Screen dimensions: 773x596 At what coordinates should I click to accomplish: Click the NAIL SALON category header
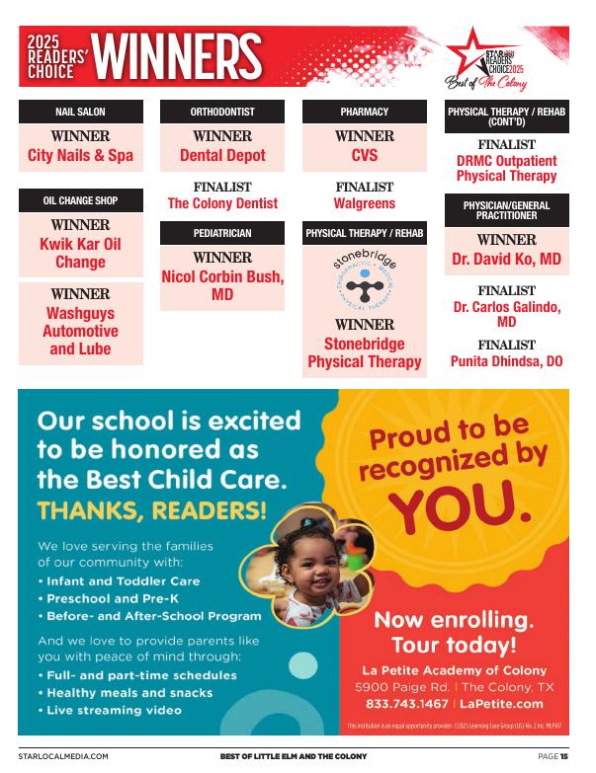click(x=81, y=112)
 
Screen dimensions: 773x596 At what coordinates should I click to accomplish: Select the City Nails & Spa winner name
click(x=81, y=155)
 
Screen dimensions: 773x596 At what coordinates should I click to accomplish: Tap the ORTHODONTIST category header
click(x=222, y=112)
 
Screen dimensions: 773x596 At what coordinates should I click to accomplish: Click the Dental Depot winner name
click(x=222, y=155)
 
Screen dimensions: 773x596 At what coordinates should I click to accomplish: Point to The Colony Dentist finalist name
click(x=222, y=203)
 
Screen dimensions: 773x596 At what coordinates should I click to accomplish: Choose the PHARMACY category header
click(x=365, y=112)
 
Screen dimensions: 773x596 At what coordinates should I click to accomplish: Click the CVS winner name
click(x=365, y=155)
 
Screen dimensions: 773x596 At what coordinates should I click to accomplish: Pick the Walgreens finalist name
click(x=365, y=203)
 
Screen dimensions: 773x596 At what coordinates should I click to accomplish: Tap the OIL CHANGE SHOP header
click(x=81, y=200)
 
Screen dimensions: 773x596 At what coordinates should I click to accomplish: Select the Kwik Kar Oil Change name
click(x=81, y=253)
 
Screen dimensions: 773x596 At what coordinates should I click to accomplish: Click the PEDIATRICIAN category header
click(x=222, y=233)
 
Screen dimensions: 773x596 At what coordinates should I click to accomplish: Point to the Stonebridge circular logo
click(x=365, y=280)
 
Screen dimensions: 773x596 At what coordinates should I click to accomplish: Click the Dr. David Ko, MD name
click(x=506, y=259)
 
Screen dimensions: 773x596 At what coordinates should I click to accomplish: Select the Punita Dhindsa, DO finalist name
click(x=506, y=361)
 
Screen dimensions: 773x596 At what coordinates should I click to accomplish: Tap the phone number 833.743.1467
click(x=408, y=704)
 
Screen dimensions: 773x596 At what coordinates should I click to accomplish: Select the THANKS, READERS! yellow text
click(x=152, y=510)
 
